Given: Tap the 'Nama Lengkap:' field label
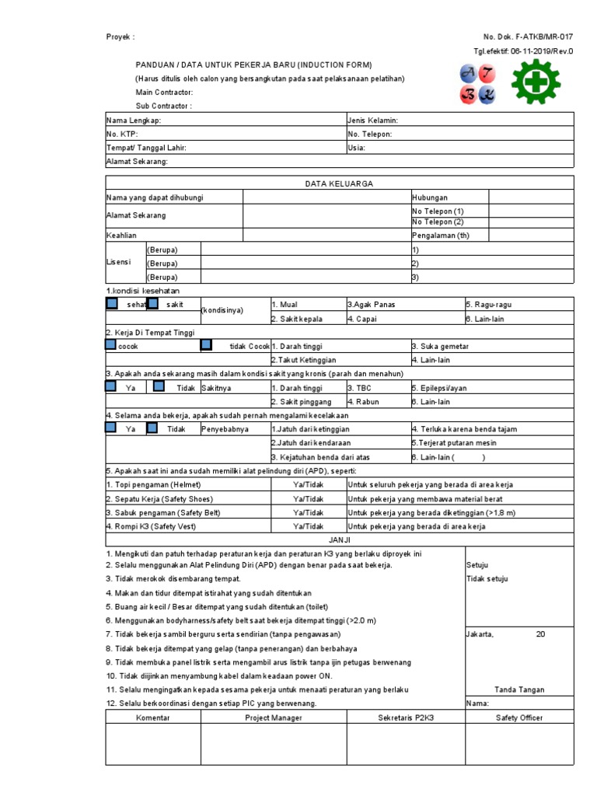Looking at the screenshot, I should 134,120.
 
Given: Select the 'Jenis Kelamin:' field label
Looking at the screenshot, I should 373,120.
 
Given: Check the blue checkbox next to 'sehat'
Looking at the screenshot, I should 112,304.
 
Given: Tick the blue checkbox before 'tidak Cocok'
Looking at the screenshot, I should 206,345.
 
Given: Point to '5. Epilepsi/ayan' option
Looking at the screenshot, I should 439,388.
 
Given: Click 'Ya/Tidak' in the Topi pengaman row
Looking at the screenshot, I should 308,484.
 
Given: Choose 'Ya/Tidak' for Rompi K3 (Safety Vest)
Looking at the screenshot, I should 308,526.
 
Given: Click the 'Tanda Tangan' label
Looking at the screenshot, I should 519,690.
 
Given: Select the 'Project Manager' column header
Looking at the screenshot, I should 274,717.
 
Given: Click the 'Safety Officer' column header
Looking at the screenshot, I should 519,717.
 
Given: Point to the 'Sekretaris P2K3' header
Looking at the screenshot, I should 406,717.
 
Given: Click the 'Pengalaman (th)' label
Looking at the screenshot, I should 441,235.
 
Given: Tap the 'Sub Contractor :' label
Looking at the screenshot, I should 163,106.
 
